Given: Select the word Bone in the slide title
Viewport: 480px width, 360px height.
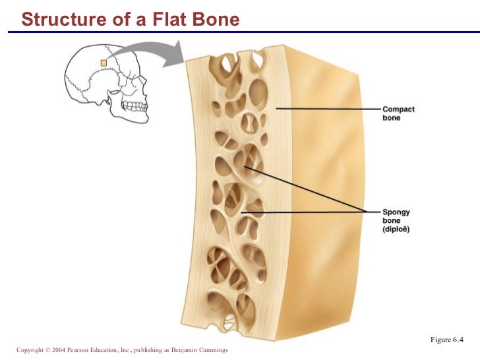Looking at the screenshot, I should coord(215,20).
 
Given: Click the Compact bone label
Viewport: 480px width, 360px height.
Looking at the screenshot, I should coord(398,113).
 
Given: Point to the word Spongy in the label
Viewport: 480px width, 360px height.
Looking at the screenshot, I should coord(396,212).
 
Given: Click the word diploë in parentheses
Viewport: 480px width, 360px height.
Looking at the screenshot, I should coord(396,229).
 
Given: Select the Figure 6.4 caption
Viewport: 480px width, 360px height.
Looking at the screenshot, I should coord(447,340).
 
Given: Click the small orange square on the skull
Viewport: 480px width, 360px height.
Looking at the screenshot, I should coord(103,63).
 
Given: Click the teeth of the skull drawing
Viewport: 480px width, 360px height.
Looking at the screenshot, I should coord(135,105).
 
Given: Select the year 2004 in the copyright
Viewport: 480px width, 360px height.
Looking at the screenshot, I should coord(55,350).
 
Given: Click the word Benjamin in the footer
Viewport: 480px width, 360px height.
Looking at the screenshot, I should coord(181,350).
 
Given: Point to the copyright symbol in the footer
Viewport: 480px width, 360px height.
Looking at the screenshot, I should coord(43,350).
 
